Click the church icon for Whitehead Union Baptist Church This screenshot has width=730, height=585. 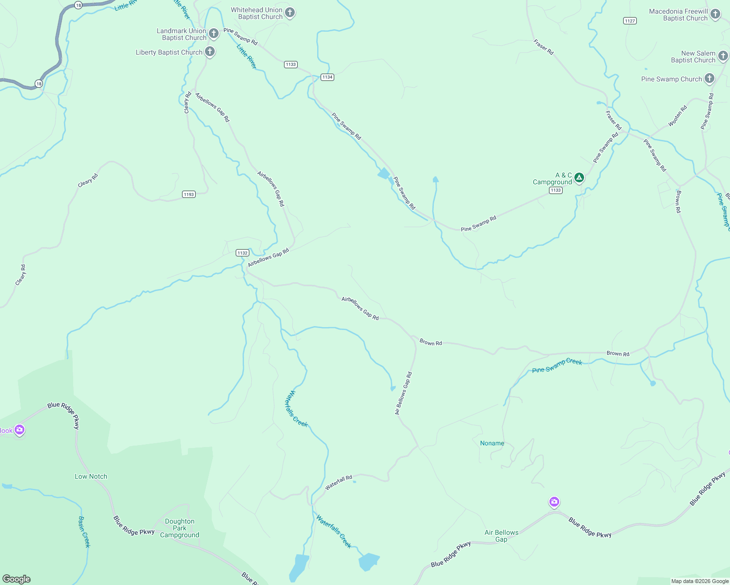(x=290, y=13)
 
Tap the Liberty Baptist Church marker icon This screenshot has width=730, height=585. (x=210, y=52)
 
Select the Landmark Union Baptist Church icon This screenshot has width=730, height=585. (x=214, y=34)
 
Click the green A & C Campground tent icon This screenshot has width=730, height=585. (x=579, y=177)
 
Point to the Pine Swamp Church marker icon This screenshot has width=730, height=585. (x=710, y=78)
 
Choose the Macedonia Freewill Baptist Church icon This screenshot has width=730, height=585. (x=715, y=14)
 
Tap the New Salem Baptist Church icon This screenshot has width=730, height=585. (x=723, y=56)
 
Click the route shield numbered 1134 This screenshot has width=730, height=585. (x=327, y=77)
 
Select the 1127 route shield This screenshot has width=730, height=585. (x=630, y=20)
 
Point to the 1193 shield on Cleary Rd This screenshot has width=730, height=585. (x=189, y=194)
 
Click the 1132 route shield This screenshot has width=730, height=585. (x=243, y=253)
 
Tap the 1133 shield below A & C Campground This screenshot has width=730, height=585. (x=556, y=190)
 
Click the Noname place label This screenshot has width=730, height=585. (x=492, y=443)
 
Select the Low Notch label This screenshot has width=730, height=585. (x=91, y=476)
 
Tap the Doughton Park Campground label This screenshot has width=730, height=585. (x=180, y=528)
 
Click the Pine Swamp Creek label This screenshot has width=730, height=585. (x=557, y=365)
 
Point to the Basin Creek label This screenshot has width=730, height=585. (x=84, y=532)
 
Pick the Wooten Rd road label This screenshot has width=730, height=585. (x=677, y=116)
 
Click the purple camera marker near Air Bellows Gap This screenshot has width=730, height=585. (x=554, y=502)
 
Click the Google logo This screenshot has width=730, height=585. (x=17, y=579)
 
